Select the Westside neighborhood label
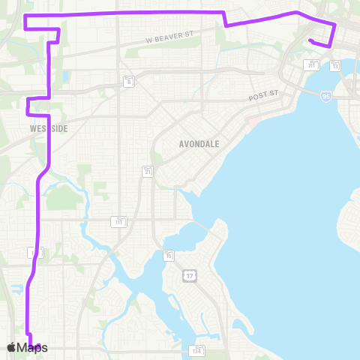click(x=49, y=129)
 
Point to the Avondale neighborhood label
click(x=199, y=143)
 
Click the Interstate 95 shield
click(x=325, y=96)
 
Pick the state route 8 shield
click(x=130, y=80)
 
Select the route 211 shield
click(x=311, y=65)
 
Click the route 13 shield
click(x=335, y=66)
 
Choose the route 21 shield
click(x=148, y=172)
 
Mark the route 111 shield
click(x=119, y=221)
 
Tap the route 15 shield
click(x=169, y=256)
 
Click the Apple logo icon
click(x=12, y=347)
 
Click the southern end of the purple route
click(x=38, y=345)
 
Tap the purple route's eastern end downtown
click(x=310, y=40)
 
